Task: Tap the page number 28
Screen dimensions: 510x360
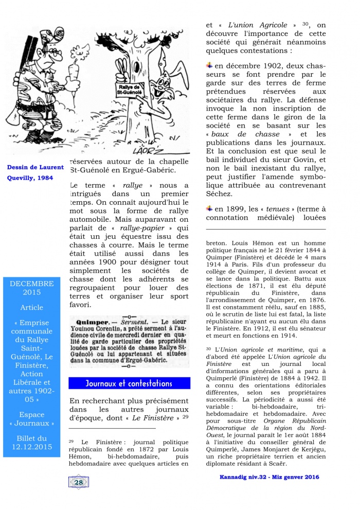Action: point(79,482)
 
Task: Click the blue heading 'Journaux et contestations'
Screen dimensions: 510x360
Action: point(129,383)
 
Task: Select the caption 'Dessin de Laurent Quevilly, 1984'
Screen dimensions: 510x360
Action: point(36,173)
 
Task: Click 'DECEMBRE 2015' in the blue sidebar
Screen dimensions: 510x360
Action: point(31,288)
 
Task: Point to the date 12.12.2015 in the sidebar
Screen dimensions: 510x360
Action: point(31,446)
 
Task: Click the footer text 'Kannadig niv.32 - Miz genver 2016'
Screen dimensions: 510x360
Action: point(266,477)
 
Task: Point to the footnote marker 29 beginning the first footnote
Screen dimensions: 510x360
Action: point(71,441)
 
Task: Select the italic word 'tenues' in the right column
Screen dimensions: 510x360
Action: point(278,209)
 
